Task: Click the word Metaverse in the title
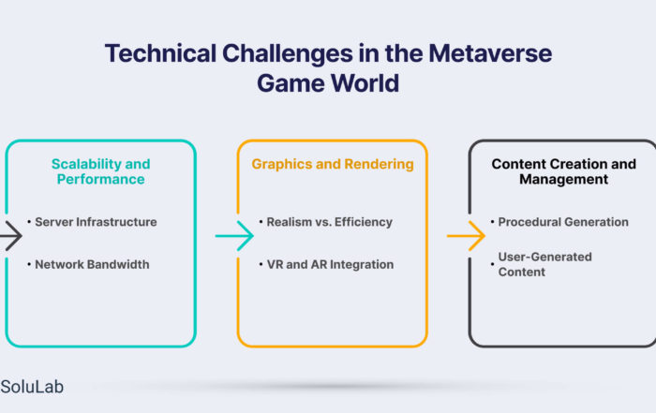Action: (490, 53)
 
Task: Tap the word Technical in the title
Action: (160, 53)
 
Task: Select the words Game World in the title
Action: (328, 82)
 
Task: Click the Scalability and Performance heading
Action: (101, 171)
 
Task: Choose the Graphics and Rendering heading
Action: (333, 164)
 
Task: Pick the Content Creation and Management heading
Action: (563, 171)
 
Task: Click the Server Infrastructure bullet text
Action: (96, 222)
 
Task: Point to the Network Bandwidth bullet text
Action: (92, 265)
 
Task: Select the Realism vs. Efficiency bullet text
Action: (330, 222)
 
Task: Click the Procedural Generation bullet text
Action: (563, 222)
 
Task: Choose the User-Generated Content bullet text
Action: (544, 264)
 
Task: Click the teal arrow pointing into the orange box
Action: (234, 236)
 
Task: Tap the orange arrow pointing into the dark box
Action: (466, 236)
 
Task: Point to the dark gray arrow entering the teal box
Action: (11, 236)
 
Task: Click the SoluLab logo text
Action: (32, 387)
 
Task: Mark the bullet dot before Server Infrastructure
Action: (29, 222)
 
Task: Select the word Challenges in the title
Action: (288, 53)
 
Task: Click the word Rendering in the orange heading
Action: (379, 164)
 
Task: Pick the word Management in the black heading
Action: (563, 179)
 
